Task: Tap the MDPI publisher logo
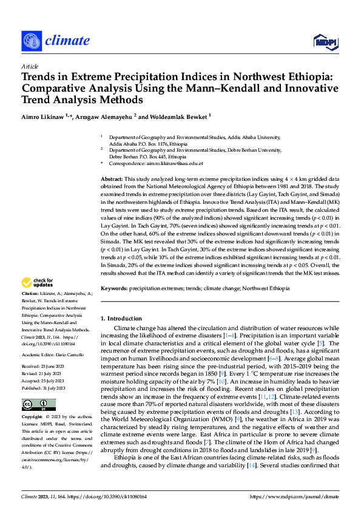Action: pos(325,41)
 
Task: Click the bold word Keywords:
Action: pos(114,288)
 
